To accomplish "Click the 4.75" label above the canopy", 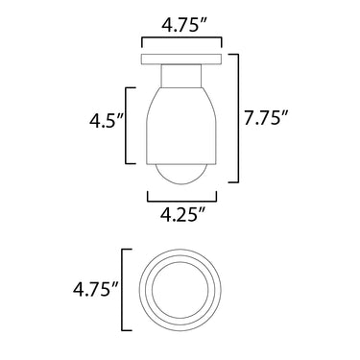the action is (184, 25).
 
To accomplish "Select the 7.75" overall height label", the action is (266, 118).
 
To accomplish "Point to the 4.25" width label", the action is (182, 215).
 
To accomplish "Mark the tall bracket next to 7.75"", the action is (238, 118).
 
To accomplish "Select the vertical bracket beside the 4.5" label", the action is (126, 125).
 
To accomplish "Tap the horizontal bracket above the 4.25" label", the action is (181, 201).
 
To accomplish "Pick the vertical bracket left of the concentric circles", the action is (123, 290).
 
